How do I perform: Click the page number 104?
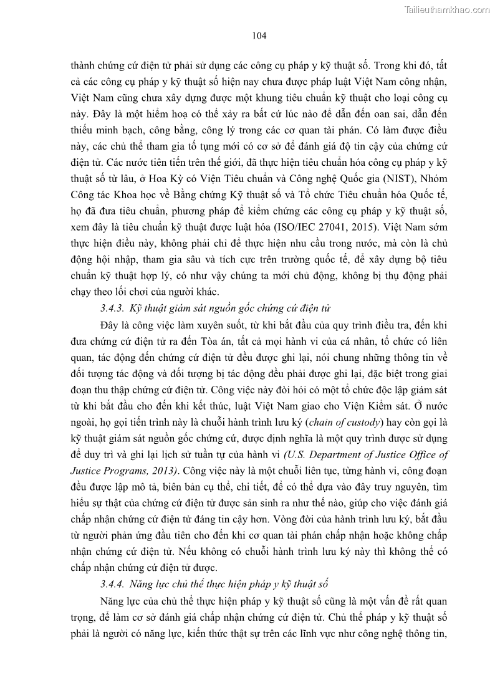[x=259, y=36]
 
